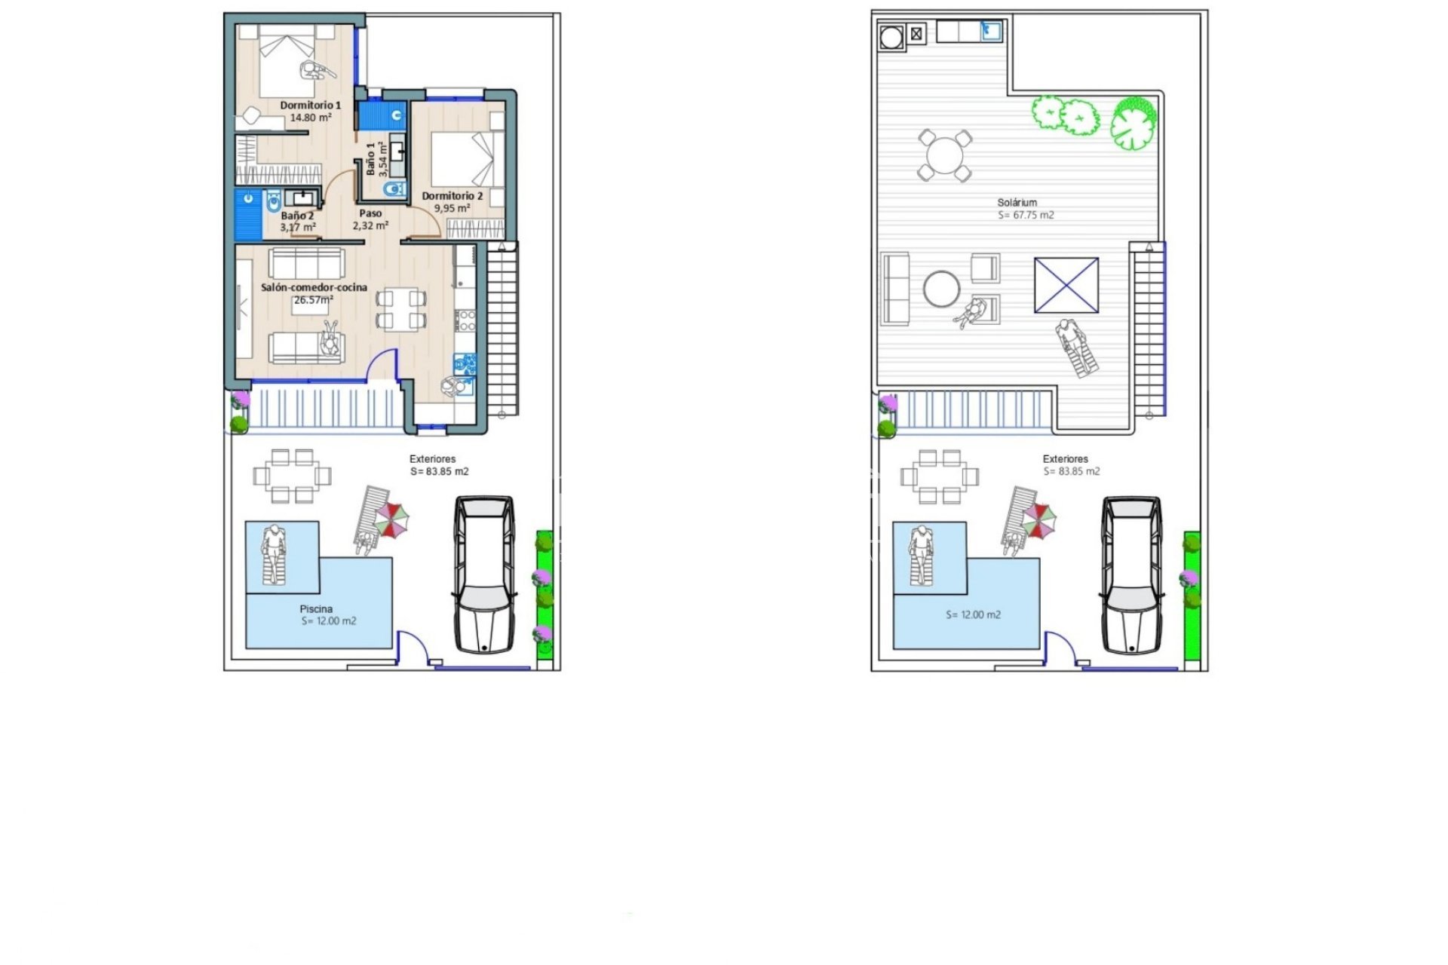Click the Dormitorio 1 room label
click(x=310, y=105)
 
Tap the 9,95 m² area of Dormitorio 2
click(x=452, y=208)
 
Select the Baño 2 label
click(x=297, y=216)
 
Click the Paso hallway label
click(x=370, y=213)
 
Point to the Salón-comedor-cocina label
click(x=314, y=287)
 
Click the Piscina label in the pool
click(x=316, y=608)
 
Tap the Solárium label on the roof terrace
click(x=1017, y=202)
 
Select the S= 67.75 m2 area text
click(x=1026, y=215)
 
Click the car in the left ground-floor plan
click(x=484, y=574)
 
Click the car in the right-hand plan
click(x=1131, y=574)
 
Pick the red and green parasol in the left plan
click(x=392, y=519)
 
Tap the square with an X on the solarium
click(x=1066, y=285)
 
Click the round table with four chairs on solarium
click(x=944, y=155)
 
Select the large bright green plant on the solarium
click(x=1133, y=123)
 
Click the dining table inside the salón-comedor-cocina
click(x=400, y=309)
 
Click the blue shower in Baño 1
click(x=381, y=116)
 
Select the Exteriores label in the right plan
click(x=1065, y=458)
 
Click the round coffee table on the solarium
click(x=942, y=289)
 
